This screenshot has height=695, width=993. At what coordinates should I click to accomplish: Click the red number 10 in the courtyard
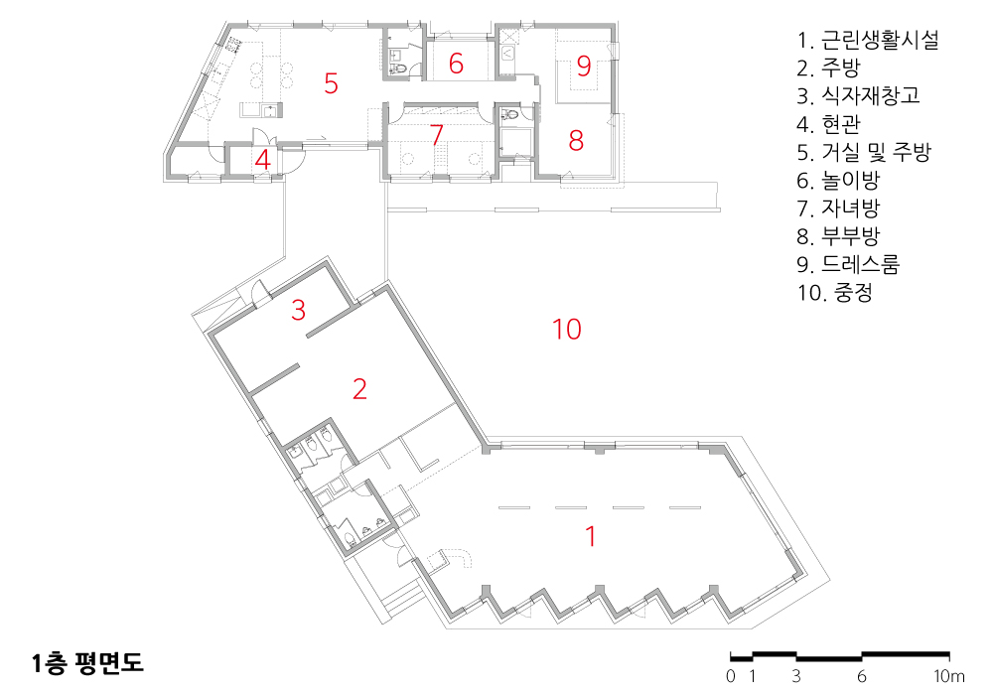[567, 330]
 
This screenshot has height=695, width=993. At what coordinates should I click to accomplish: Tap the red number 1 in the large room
[591, 536]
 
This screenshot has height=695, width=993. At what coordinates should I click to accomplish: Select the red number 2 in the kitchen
[359, 388]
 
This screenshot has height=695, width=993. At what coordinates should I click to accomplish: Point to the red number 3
[298, 310]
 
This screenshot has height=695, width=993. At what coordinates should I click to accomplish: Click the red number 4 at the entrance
[263, 160]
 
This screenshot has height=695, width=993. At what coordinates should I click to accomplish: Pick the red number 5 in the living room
[331, 83]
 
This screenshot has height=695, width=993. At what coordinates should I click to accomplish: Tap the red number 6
[456, 64]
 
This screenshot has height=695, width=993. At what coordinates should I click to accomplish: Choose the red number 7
[436, 135]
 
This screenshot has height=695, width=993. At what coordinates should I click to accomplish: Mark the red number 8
[576, 141]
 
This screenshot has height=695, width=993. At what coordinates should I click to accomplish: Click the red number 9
[584, 66]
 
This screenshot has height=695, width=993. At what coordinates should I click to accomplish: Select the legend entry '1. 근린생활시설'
[868, 40]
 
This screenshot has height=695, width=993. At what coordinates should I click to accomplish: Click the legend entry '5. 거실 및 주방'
[864, 152]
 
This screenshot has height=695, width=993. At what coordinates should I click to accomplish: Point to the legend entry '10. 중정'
[835, 293]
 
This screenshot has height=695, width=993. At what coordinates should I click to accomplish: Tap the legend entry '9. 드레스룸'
[848, 264]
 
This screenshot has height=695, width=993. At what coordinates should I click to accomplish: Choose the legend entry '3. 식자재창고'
[858, 95]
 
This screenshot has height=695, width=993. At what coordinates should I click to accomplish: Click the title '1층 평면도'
[88, 662]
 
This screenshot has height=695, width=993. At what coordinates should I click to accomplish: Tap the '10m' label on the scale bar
[949, 677]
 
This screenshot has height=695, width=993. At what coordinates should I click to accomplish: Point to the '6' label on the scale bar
[861, 677]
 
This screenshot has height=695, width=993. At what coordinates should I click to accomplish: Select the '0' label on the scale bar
[731, 677]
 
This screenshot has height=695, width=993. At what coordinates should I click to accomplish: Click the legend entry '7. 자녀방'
[838, 208]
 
